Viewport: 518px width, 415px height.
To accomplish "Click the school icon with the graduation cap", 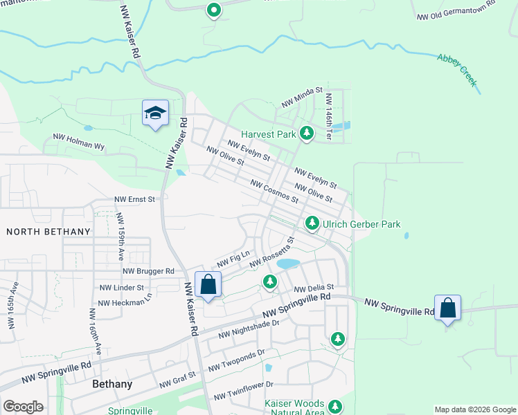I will [x=156, y=113].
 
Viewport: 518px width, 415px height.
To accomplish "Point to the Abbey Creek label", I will [x=457, y=70].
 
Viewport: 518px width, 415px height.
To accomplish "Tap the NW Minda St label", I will [x=302, y=98].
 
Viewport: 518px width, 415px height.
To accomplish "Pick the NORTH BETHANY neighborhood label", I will [x=48, y=231].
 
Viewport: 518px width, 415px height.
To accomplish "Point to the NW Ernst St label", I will [x=137, y=199].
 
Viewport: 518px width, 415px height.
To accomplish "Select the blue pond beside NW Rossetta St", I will [x=288, y=264].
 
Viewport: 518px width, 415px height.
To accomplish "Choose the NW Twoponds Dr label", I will [x=236, y=360].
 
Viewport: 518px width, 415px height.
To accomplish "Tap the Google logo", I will [x=23, y=407].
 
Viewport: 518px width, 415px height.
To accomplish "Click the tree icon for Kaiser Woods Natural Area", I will [x=336, y=406].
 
